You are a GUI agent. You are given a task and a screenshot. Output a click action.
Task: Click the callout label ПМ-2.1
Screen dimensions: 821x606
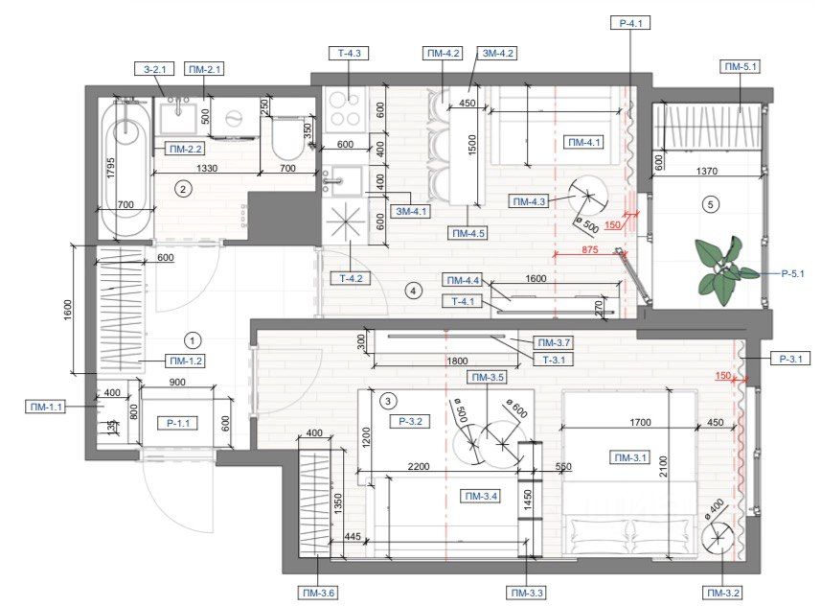204,69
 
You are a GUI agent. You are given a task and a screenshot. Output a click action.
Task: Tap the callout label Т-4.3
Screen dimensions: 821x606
349,53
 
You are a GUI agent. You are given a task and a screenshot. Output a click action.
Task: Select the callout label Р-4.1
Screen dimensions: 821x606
631,23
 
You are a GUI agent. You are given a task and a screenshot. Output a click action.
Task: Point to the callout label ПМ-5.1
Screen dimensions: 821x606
740,66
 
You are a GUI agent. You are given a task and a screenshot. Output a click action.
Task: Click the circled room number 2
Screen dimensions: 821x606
183,189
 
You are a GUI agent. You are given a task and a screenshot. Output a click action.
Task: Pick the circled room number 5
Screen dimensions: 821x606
710,204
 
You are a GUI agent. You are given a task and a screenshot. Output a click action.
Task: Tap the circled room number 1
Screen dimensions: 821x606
193,340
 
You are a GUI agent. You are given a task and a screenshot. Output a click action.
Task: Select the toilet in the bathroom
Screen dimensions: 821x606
287,136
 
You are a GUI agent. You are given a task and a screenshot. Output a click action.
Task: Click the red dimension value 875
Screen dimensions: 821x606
589,249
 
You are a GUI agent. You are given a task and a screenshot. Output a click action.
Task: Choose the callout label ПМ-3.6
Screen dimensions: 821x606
318,593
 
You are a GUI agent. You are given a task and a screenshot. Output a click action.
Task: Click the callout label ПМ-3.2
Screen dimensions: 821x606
723,593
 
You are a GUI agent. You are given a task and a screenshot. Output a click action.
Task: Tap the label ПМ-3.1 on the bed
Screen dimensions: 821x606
630,457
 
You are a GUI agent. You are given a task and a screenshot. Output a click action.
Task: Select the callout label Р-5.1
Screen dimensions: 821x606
792,273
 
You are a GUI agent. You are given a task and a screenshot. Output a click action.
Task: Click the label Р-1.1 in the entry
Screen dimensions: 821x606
178,423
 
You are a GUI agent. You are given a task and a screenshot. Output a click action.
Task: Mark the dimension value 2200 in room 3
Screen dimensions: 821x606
419,466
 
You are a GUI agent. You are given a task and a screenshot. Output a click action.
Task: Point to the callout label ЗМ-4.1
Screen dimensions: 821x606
412,211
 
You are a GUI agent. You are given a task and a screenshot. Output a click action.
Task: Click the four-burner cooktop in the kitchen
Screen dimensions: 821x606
345,109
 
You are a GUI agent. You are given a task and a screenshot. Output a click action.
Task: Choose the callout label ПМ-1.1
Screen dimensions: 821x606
46,406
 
